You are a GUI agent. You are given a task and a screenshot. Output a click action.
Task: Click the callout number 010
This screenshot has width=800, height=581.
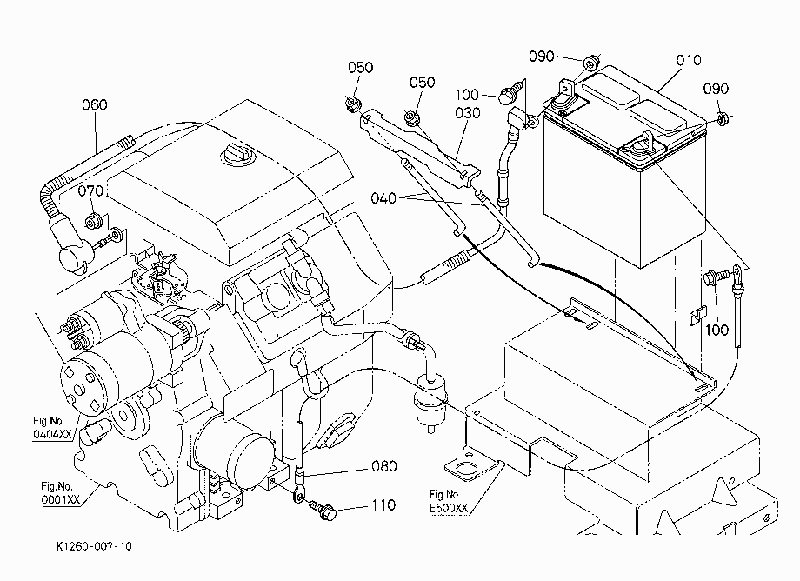pyautogui.click(x=689, y=60)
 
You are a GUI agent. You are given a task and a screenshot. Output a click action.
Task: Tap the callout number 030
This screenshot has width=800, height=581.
pyautogui.click(x=467, y=113)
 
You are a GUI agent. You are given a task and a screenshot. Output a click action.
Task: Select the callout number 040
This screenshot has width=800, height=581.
pyautogui.click(x=383, y=198)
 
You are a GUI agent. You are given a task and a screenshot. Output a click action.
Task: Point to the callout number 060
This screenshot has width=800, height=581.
pyautogui.click(x=95, y=105)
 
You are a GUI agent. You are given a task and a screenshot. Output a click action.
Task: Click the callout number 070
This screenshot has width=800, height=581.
pyautogui.click(x=90, y=191)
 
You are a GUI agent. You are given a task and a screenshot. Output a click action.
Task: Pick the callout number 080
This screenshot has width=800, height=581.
pyautogui.click(x=384, y=466)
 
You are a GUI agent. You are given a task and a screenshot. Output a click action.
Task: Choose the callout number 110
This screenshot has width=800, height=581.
pyautogui.click(x=383, y=505)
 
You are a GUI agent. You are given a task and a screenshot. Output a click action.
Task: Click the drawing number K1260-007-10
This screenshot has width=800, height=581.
pyautogui.click(x=94, y=546)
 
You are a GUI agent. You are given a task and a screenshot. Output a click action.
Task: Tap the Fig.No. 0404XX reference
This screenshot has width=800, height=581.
pyautogui.click(x=52, y=427)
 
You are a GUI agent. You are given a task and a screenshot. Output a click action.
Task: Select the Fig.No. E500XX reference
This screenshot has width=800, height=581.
pyautogui.click(x=449, y=501)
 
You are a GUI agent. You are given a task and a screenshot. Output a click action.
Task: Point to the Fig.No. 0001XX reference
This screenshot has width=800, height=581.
pyautogui.click(x=60, y=493)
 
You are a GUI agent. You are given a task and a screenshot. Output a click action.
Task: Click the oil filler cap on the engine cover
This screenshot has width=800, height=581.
pyautogui.click(x=238, y=154)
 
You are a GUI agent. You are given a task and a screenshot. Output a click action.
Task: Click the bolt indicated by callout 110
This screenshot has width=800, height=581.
pyautogui.click(x=323, y=510)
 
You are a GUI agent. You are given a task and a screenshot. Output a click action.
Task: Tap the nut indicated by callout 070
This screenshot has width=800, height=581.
pyautogui.click(x=91, y=223)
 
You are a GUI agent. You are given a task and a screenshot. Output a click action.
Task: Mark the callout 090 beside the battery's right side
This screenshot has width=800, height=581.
pyautogui.click(x=716, y=89)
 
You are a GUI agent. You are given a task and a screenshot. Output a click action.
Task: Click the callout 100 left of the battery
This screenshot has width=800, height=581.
pyautogui.click(x=467, y=95)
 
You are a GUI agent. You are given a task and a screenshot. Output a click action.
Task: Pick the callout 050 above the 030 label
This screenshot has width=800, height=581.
pyautogui.click(x=423, y=83)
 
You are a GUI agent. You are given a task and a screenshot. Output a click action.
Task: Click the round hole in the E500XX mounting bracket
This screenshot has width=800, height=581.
pyautogui.click(x=465, y=468)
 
